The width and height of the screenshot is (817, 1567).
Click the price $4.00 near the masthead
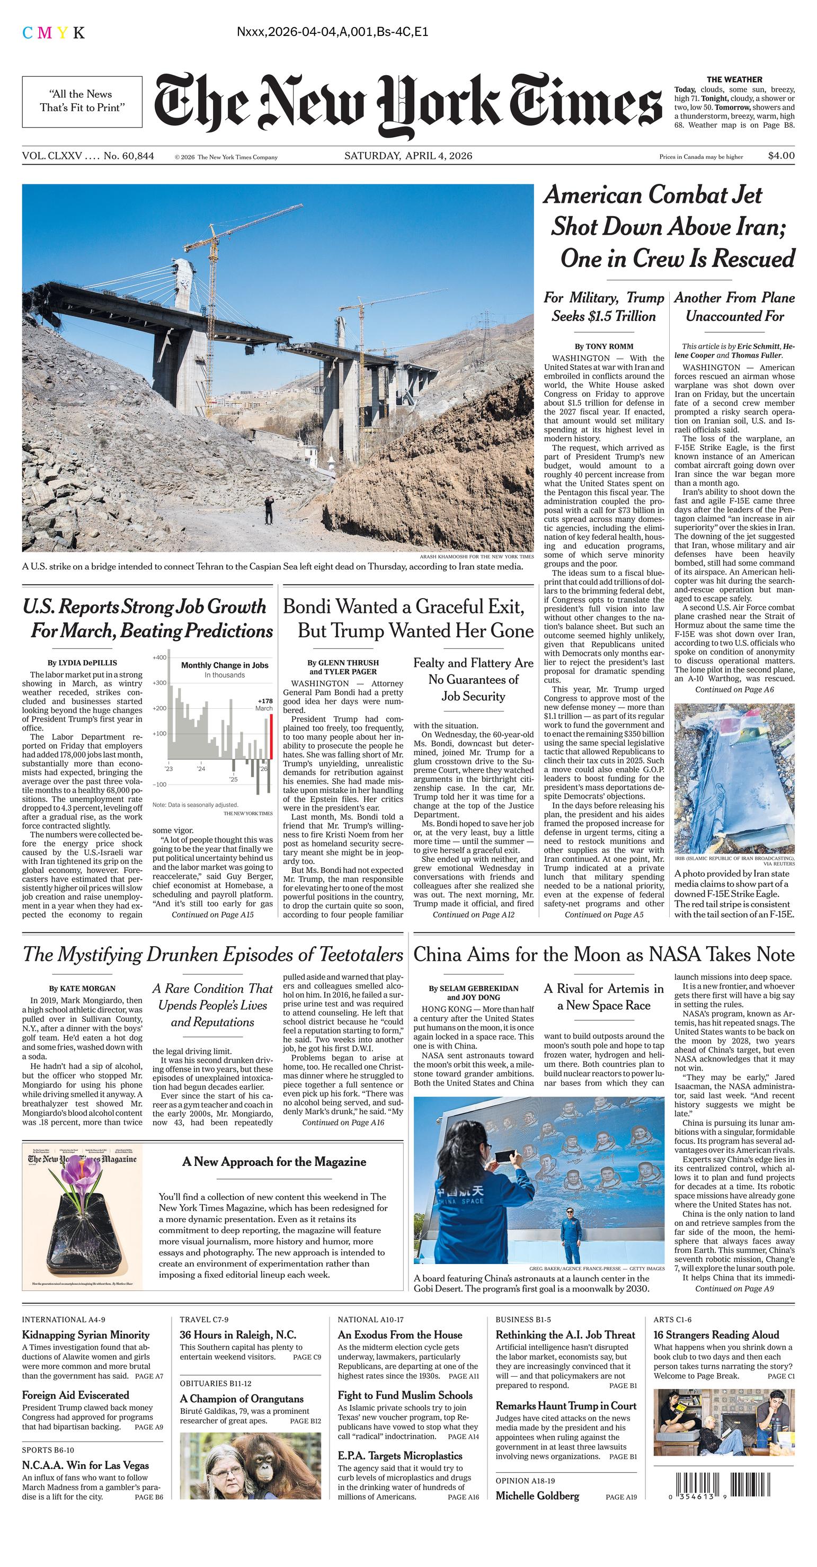point(781,156)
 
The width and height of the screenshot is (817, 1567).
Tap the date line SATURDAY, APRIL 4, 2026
point(408,156)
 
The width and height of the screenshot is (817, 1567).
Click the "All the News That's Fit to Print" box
point(82,101)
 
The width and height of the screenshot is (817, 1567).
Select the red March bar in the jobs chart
point(271,737)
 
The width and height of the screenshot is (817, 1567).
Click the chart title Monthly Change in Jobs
point(225,665)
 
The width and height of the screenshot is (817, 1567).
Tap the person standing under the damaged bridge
point(268,509)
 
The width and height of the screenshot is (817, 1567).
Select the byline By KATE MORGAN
point(83,989)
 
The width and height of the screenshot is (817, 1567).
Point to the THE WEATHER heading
point(734,79)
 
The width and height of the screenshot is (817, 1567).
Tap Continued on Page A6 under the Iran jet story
point(734,690)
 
